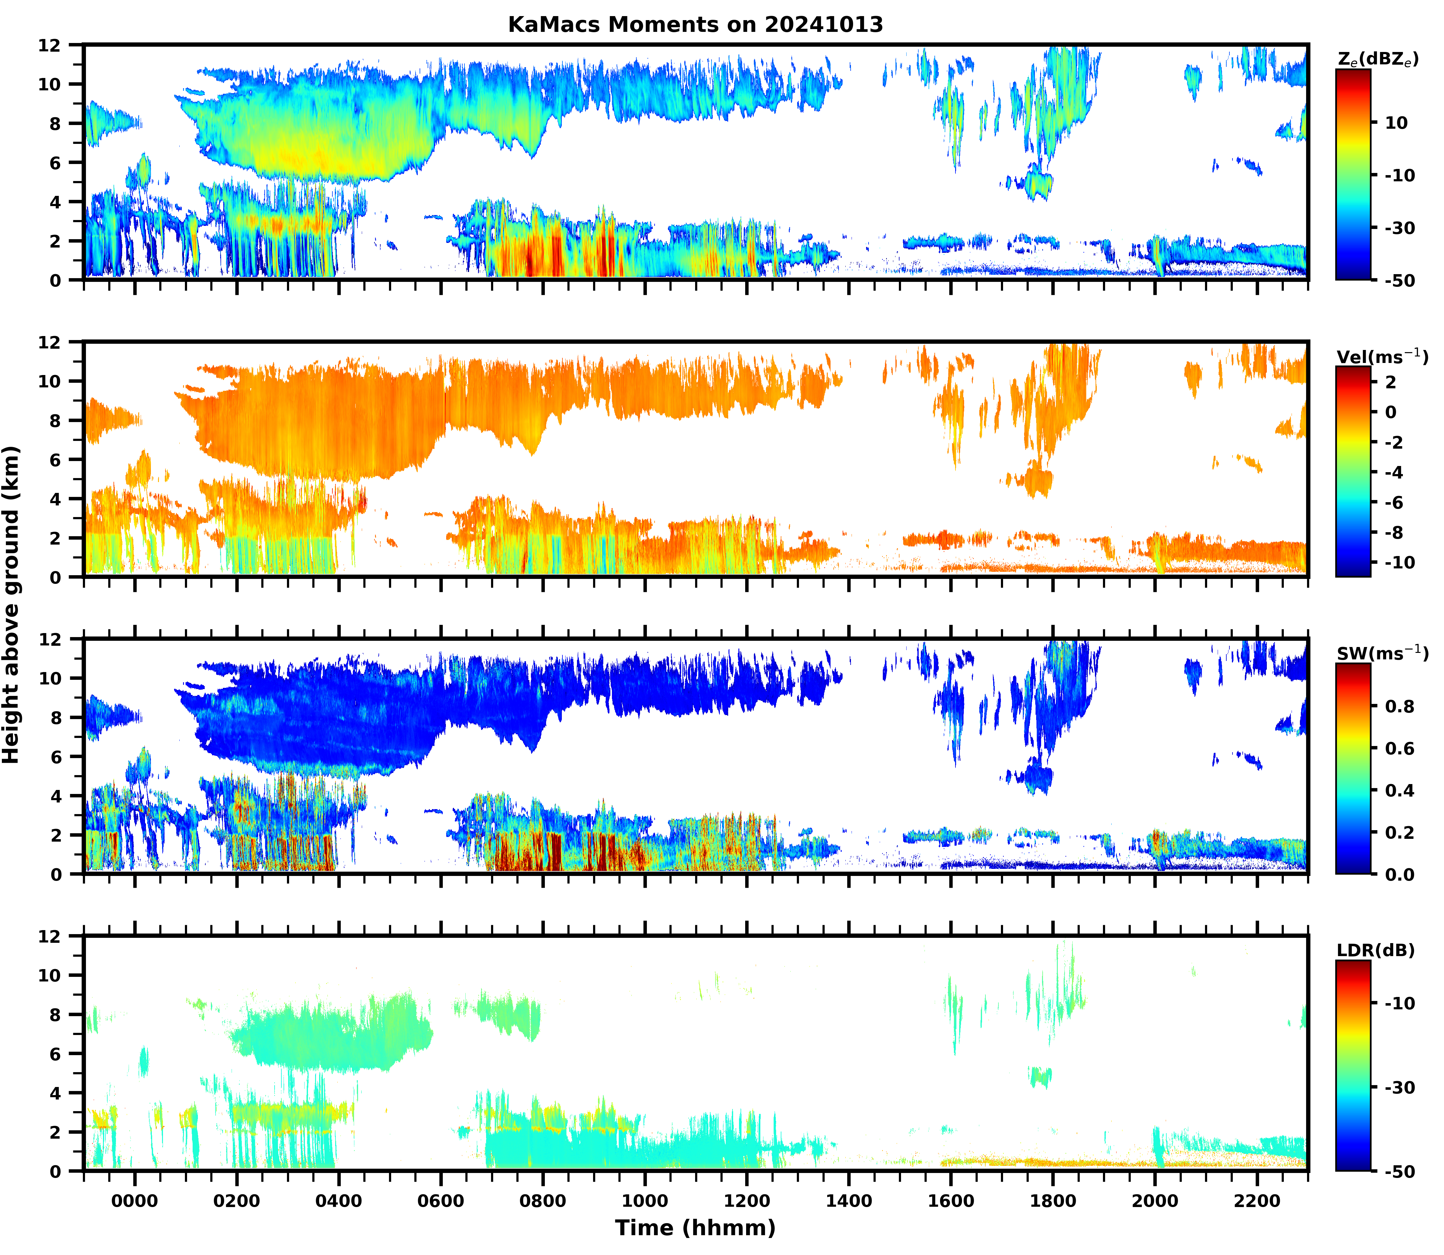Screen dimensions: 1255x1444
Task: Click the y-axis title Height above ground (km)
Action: click(x=11, y=605)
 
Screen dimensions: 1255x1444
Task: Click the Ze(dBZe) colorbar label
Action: click(x=1378, y=60)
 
